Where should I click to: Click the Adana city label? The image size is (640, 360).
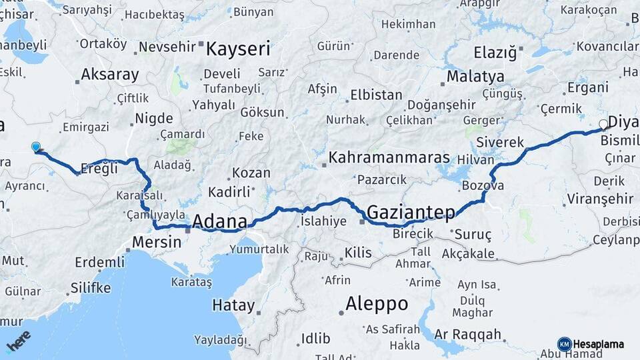point(220,221)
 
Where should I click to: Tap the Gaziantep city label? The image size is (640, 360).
point(411,213)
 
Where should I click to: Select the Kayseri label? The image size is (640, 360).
point(238,49)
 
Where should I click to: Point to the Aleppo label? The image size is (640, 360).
point(377,304)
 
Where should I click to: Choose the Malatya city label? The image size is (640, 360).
point(475,76)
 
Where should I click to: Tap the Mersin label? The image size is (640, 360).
point(157,242)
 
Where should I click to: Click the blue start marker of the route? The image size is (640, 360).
point(36,147)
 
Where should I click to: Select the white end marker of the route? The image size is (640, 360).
point(603,124)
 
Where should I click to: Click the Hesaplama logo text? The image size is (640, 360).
point(598,345)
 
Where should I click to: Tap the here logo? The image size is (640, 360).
point(19,341)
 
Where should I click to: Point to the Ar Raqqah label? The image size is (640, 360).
point(467,334)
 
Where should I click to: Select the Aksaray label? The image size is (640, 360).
point(110,75)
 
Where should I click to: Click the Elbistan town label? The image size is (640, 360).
point(376,95)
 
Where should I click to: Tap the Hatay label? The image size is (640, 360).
point(233,306)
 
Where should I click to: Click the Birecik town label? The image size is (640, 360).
point(413,233)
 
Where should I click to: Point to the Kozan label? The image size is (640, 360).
point(251,173)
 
